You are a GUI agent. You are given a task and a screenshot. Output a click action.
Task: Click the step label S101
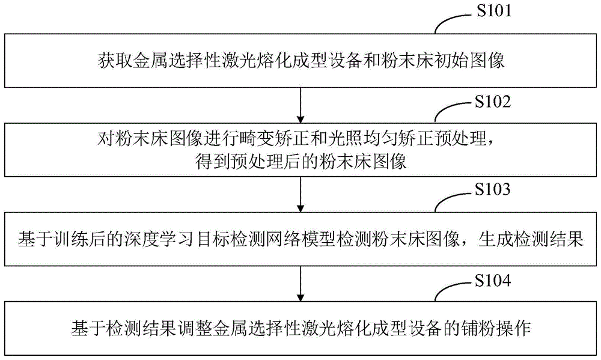point(492,11)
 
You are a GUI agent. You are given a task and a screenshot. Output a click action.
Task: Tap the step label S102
point(492,100)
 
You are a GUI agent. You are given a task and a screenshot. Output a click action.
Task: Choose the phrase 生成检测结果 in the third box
point(530,239)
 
